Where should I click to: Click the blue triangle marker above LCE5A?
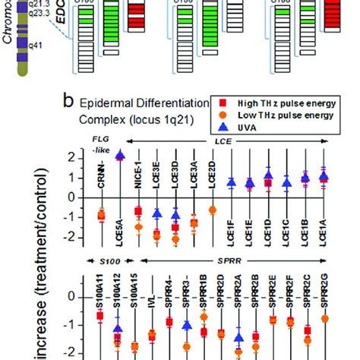tap(119, 156)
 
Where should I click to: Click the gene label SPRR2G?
tap(324, 301)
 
